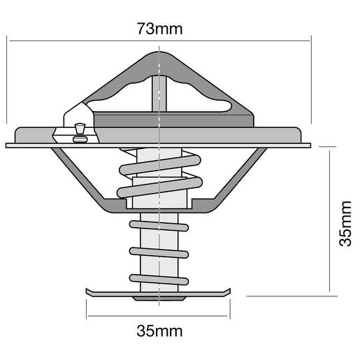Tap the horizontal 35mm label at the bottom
coord(160,329)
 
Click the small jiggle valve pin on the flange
coord(79,131)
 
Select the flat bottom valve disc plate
coord(160,292)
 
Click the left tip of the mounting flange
coord(9,145)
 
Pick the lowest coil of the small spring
coord(159,278)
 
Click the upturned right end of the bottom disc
coord(230,289)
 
